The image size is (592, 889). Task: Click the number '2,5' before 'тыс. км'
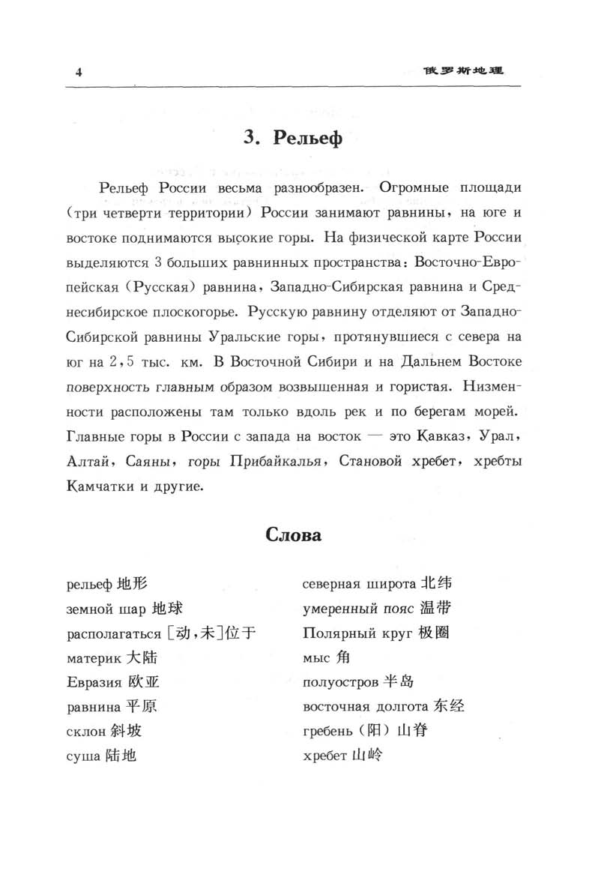click(x=121, y=363)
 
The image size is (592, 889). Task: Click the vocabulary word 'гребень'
click(x=330, y=731)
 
